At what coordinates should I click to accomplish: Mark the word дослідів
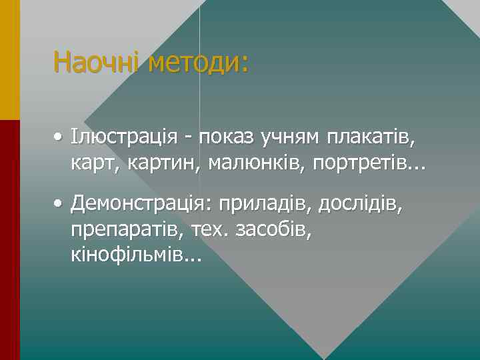[x=361, y=202]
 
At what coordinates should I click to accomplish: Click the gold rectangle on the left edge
[x=9, y=60]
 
